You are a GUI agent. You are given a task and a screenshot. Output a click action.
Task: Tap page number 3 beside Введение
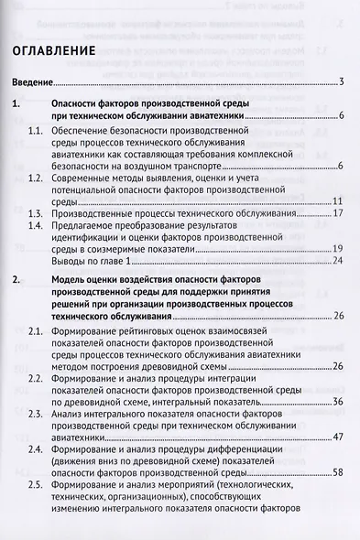(340, 84)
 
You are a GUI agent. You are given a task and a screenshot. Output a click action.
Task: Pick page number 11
(337, 200)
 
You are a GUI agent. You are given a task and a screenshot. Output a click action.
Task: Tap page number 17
(337, 212)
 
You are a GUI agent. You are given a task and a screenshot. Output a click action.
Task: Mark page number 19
(337, 249)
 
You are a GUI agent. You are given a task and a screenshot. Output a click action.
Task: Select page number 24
(337, 261)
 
